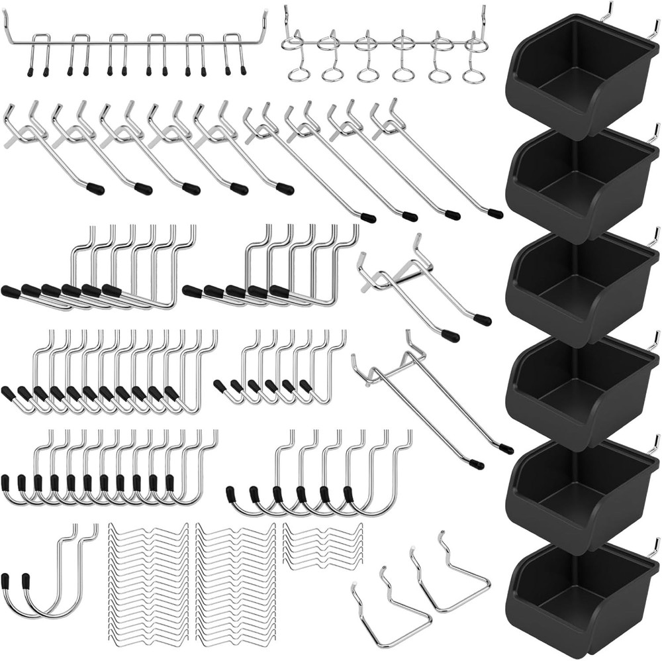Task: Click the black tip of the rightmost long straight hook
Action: (495, 213)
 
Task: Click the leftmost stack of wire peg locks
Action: (148, 583)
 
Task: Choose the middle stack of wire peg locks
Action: (235, 583)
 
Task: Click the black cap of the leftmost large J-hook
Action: (6, 582)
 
